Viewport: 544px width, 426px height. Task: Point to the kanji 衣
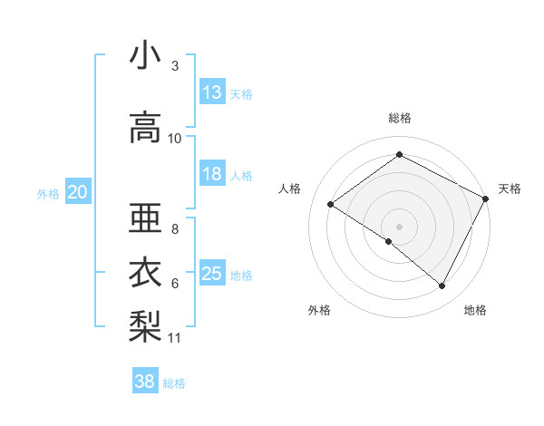pos(145,271)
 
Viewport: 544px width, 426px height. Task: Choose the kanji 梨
pos(145,324)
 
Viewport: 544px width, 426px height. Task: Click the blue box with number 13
pos(212,92)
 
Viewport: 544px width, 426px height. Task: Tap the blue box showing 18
pos(212,175)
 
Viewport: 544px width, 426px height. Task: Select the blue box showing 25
pos(212,275)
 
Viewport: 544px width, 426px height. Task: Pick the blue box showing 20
pos(78,192)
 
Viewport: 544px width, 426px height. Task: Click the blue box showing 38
pos(145,382)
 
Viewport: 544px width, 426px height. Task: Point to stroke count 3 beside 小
pos(175,66)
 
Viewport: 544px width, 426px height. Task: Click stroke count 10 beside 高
pos(175,139)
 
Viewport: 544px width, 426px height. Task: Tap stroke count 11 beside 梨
pos(175,338)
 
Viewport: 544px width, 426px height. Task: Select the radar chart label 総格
pos(399,118)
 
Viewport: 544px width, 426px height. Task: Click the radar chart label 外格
pos(319,311)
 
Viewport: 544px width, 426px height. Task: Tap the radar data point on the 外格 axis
pos(389,241)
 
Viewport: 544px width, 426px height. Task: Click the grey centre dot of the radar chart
pos(399,226)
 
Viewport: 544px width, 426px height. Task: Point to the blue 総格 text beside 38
pos(174,383)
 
